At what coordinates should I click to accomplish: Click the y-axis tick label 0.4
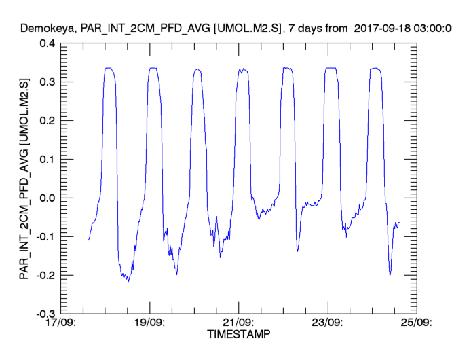coord(47,43)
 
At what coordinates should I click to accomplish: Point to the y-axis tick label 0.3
coord(47,82)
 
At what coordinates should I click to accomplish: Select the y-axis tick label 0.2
coord(47,121)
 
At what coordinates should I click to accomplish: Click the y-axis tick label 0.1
coord(47,160)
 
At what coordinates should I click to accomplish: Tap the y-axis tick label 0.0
coord(47,198)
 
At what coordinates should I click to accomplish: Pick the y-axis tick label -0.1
coord(45,237)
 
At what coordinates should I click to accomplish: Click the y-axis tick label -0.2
coord(45,276)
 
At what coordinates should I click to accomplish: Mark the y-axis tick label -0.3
coord(45,314)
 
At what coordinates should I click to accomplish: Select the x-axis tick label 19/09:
coord(149,324)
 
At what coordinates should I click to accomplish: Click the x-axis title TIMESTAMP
coord(238,335)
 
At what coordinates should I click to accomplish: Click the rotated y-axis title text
coord(24,179)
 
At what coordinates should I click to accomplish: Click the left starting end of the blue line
coord(88,240)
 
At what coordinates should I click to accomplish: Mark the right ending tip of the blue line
coord(399,222)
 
